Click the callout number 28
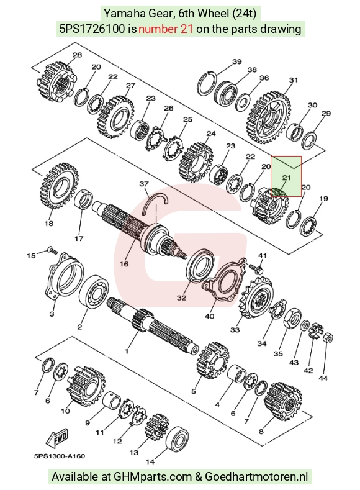77,55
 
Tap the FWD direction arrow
57,438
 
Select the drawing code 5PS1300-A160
60,456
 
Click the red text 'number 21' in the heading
166,29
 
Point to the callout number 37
143,184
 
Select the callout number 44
323,378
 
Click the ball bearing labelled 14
178,440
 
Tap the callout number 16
124,264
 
